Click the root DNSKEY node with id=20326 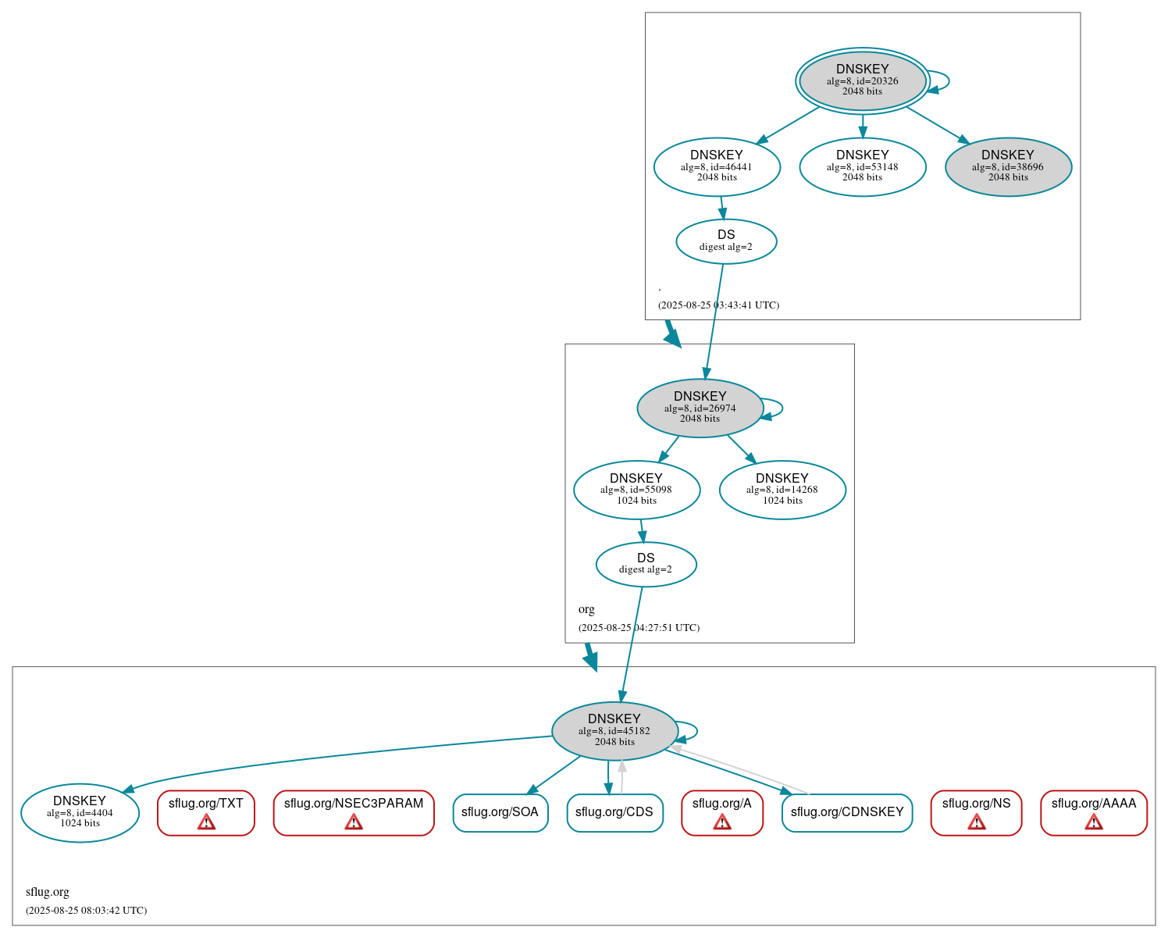coord(862,80)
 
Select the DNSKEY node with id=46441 coord(717,166)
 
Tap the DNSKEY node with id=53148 coord(862,166)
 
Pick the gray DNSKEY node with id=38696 coord(1007,166)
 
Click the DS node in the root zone coord(725,241)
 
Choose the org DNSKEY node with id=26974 coord(700,408)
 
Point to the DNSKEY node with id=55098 coord(636,490)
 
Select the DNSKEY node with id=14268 coord(782,490)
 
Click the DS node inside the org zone coord(646,564)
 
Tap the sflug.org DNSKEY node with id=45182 coord(614,731)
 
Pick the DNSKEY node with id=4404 coord(80,812)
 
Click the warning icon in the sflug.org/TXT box coord(206,822)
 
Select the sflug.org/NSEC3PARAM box coord(354,812)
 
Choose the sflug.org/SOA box coord(500,812)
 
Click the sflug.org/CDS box coord(614,812)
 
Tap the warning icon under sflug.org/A coord(722,822)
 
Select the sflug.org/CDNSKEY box coord(846,812)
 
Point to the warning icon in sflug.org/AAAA coord(1093,822)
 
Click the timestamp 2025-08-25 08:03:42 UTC coord(86,910)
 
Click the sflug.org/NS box coord(976,812)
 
